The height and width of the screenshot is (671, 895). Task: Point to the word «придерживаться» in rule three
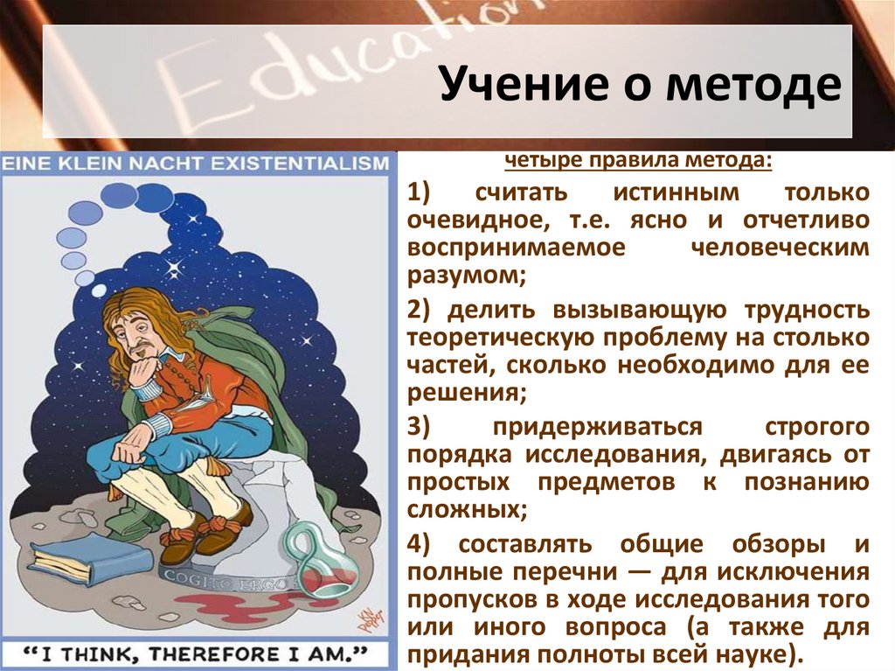click(x=597, y=427)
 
